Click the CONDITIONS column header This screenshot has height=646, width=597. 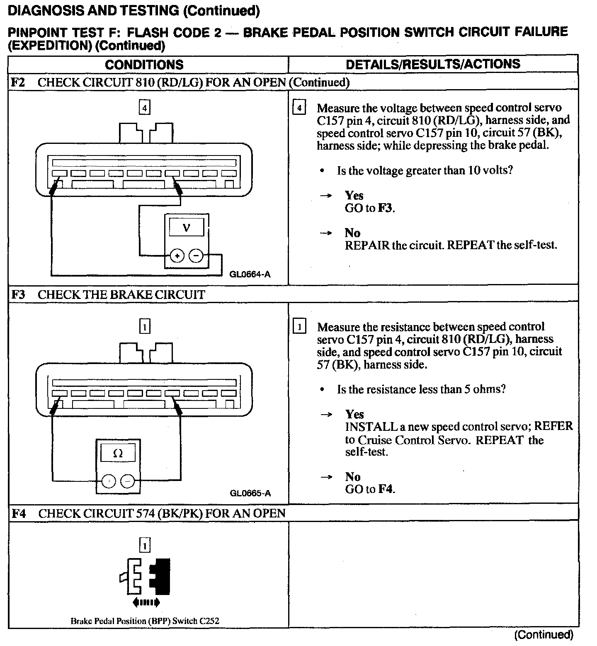point(144,65)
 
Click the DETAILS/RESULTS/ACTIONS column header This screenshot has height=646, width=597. point(432,64)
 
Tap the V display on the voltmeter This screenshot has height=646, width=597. point(187,228)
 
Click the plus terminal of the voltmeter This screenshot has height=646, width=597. point(177,256)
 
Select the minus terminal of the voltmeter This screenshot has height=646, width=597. point(196,256)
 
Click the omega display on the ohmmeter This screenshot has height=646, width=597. point(118,453)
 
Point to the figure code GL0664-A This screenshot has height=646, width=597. point(250,274)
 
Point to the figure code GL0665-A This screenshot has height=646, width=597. point(250,493)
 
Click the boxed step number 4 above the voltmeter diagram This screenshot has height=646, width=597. point(144,108)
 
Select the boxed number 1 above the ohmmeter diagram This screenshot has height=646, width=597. point(144,327)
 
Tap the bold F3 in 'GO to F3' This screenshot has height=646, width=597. point(385,208)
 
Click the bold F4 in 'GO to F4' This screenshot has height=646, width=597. point(385,489)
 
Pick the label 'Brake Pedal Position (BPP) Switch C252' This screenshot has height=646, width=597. point(145,621)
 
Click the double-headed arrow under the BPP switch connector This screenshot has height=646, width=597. point(145,602)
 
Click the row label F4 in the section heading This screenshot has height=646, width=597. point(19,514)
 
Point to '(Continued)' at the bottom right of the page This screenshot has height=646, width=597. point(544,634)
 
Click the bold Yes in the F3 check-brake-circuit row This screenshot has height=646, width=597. point(354,414)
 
